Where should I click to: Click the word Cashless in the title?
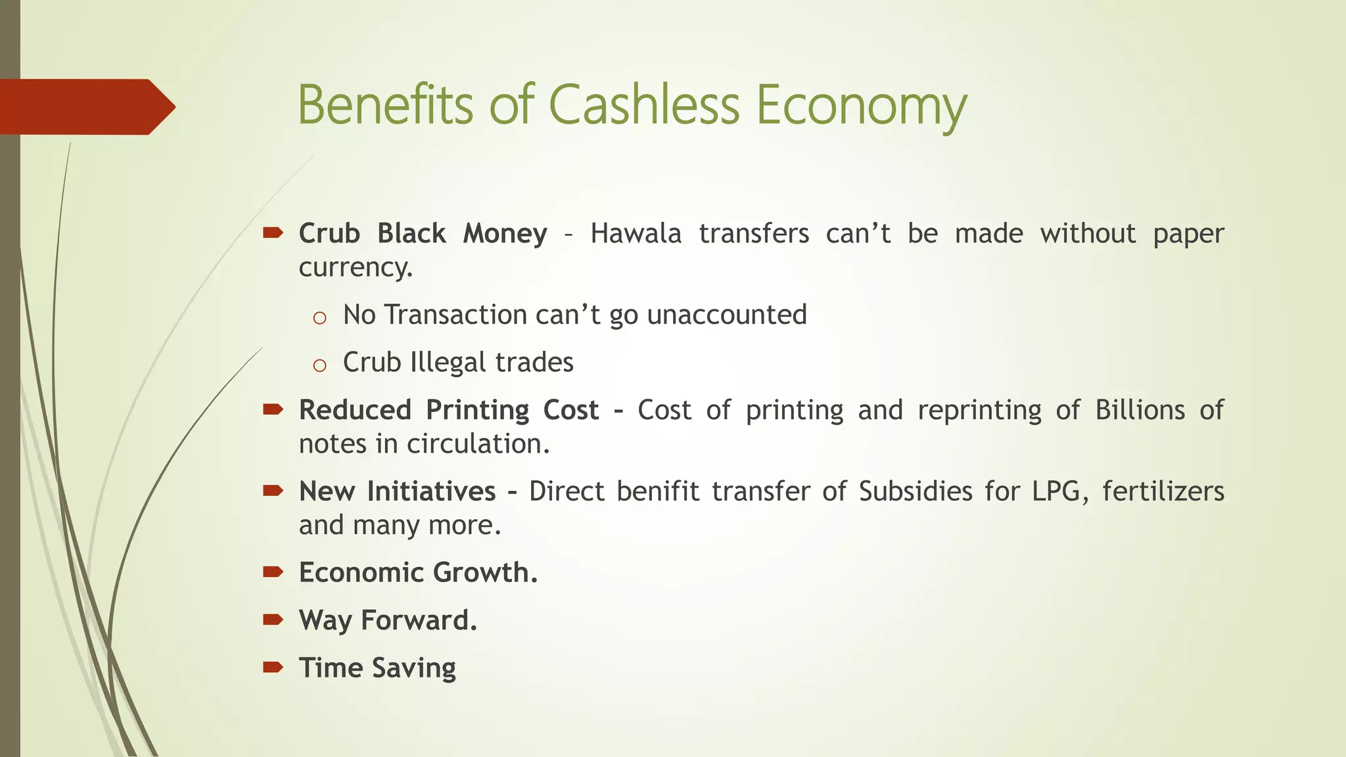point(644,105)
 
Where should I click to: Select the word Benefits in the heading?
point(385,105)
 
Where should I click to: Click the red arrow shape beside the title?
point(85,106)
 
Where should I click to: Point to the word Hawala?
point(636,234)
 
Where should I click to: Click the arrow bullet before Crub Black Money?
point(273,233)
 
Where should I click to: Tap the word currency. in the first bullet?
point(356,268)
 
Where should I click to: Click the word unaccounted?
point(726,315)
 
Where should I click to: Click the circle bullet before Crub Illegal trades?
point(319,366)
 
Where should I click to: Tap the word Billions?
point(1140,410)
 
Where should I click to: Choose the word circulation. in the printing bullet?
point(478,444)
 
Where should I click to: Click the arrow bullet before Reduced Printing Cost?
point(273,409)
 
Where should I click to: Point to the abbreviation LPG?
point(1055,492)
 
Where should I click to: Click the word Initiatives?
point(431,492)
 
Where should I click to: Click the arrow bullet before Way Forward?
point(273,619)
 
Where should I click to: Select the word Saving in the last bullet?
point(413,668)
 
